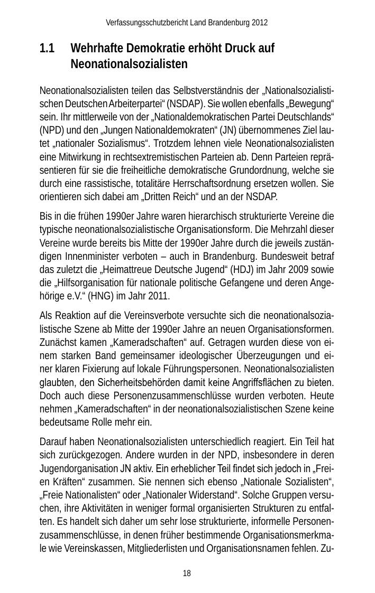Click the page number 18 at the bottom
pyautogui.click(x=187, y=573)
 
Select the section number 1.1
pyautogui.click(x=47, y=49)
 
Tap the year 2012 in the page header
pyautogui.click(x=259, y=23)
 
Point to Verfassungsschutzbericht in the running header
pyautogui.click(x=141, y=23)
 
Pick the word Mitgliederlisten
pyautogui.click(x=155, y=548)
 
